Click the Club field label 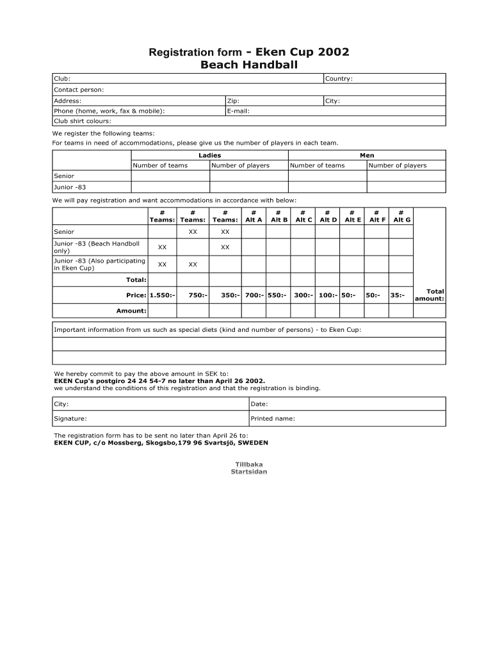click(62, 79)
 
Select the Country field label click(339, 79)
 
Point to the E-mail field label click(238, 111)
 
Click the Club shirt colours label click(83, 120)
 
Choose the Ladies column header click(209, 155)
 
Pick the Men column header click(367, 155)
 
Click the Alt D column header click(328, 220)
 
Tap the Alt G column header click(401, 220)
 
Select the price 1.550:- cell click(162, 295)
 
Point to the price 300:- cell click(303, 295)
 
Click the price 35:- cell click(398, 295)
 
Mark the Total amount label click(430, 295)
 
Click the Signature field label click(70, 418)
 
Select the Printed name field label click(273, 418)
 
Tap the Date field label click(259, 404)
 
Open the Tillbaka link click(249, 464)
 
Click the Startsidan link click(249, 472)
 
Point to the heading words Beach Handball click(249, 65)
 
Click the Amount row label click(131, 311)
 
